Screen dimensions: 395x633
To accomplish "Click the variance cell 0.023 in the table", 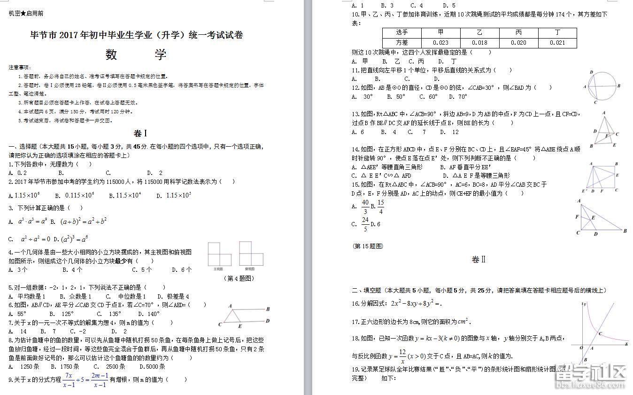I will pos(440,42).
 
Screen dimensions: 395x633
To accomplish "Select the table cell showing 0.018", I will pos(479,42).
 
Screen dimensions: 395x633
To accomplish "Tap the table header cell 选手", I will pos(401,32).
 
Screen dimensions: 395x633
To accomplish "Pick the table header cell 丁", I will pos(557,32).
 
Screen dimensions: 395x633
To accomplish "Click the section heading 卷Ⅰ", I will pos(140,133).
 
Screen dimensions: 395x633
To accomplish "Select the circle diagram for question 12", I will pos(603,87).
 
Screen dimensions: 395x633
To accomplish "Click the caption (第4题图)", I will pos(239,278).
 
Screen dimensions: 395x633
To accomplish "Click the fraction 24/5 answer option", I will pos(365,224).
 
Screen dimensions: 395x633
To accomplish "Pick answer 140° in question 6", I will pos(151,314).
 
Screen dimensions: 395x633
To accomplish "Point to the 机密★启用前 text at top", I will pos(26,14).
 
